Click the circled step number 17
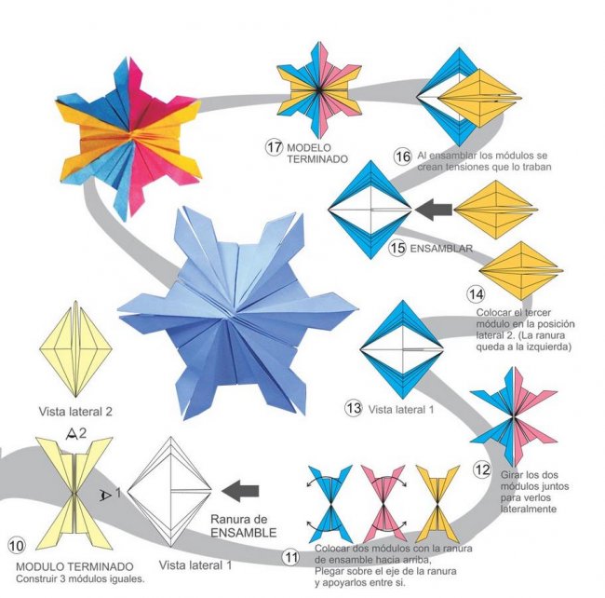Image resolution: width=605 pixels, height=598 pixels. tap(274, 147)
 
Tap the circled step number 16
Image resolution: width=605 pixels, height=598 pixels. tap(402, 156)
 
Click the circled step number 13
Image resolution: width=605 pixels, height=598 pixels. tap(353, 407)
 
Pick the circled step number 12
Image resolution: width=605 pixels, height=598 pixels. tap(481, 469)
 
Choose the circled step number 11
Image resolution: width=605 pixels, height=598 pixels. tap(291, 557)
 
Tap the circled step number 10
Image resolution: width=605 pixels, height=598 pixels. tap(16, 545)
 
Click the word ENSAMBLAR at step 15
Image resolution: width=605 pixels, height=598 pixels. tap(442, 249)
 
